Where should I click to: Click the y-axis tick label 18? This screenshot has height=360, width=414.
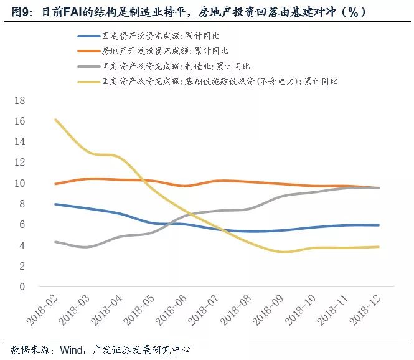click(x=20, y=100)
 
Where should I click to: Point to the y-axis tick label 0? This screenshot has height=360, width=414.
click(x=22, y=287)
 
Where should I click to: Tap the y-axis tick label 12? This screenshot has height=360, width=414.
click(x=20, y=163)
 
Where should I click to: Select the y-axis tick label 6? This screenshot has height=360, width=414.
click(x=22, y=225)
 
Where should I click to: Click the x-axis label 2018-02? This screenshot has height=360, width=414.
click(x=42, y=310)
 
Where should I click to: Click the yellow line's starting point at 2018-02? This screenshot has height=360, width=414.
click(x=55, y=120)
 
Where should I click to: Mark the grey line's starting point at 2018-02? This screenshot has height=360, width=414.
click(x=55, y=242)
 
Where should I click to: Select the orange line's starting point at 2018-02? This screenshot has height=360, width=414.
click(x=55, y=184)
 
